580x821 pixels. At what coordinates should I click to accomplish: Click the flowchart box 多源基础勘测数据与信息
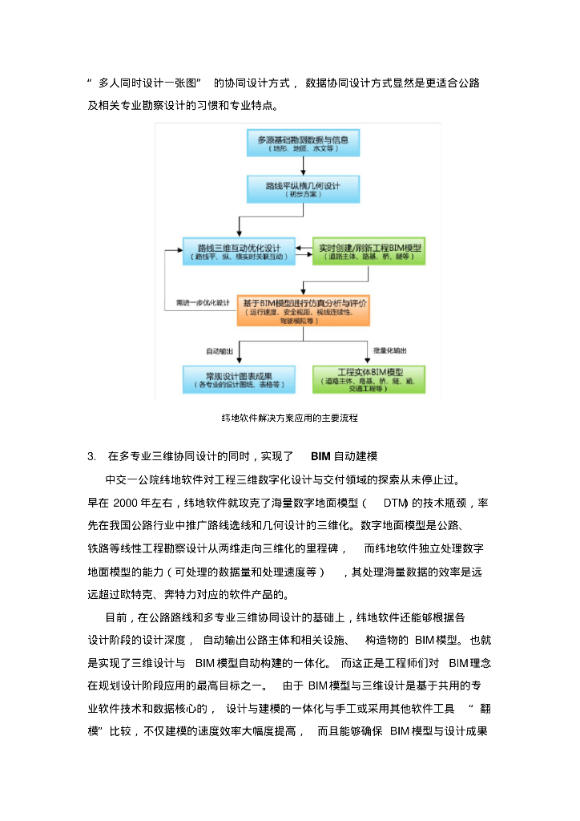(x=302, y=143)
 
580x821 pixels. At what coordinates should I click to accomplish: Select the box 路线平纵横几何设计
(x=302, y=189)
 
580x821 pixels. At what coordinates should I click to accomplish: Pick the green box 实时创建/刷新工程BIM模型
(x=369, y=251)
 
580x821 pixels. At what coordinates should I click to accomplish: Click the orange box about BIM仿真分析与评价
(x=303, y=309)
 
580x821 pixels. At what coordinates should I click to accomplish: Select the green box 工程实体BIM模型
(x=369, y=378)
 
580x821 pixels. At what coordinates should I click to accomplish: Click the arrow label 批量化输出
(x=389, y=350)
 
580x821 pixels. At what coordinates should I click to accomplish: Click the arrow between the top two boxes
(x=303, y=166)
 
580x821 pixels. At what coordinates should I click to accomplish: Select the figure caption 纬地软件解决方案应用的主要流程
(x=289, y=418)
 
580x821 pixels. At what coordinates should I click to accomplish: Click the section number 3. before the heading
(x=91, y=456)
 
